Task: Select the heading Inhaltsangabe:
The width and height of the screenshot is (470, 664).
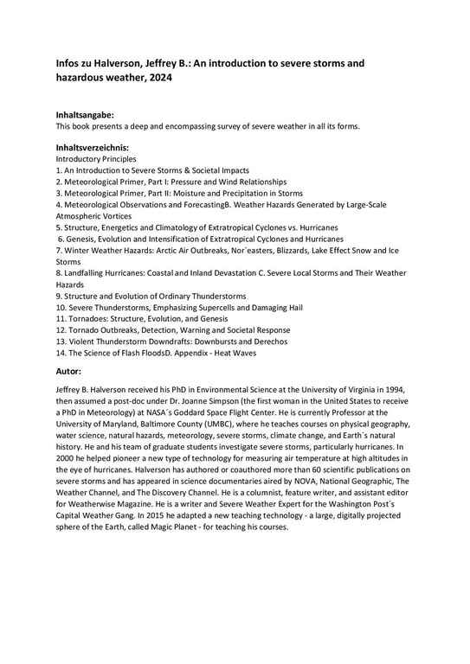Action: coord(84,114)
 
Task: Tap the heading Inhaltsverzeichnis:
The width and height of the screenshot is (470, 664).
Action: coord(93,148)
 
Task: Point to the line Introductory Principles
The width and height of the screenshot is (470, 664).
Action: coord(95,160)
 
